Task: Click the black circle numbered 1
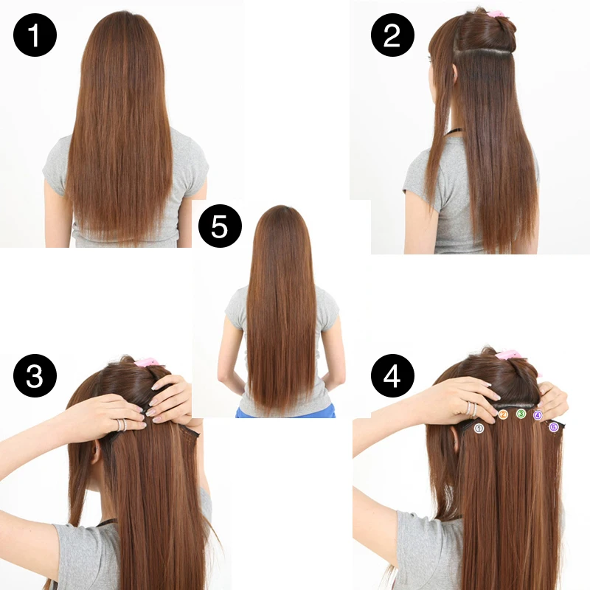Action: (35, 35)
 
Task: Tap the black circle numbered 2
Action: (392, 35)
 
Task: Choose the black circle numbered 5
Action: (220, 226)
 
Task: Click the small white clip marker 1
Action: (479, 428)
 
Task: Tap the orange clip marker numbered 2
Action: (503, 415)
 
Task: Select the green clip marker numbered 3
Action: (521, 414)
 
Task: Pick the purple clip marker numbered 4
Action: (538, 415)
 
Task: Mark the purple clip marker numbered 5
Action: (554, 426)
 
